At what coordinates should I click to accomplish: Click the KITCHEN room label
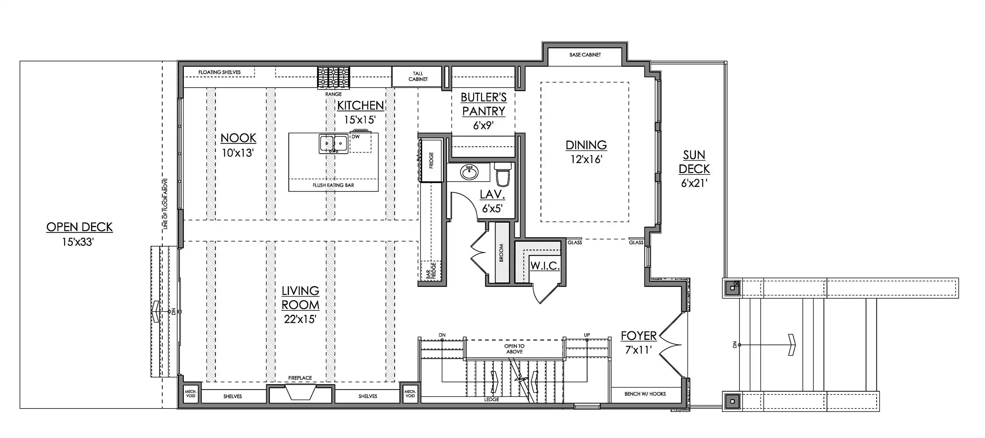point(360,105)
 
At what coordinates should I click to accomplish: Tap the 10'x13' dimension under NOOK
point(238,153)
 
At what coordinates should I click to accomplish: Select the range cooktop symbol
point(334,78)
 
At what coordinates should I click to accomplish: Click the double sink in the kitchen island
point(334,144)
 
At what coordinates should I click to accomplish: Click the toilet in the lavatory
point(503,174)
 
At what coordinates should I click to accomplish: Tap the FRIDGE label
point(431,160)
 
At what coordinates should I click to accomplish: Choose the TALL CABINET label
point(418,76)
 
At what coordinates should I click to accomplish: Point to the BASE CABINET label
point(585,55)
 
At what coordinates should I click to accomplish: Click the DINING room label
point(586,145)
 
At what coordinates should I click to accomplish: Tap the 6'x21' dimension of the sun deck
point(694,183)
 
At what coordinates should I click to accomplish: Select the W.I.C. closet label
point(545,266)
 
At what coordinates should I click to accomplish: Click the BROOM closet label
point(501,253)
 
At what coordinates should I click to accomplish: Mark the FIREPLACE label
point(300,378)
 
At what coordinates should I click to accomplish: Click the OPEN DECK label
point(79,227)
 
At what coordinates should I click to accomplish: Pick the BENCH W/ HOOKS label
point(645,394)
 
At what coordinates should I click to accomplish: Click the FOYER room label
point(639,336)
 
